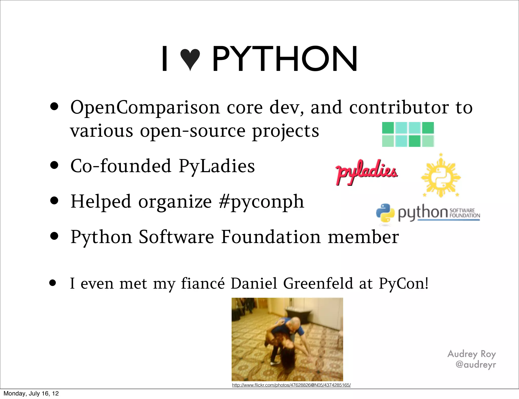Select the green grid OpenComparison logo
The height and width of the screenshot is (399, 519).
(408, 134)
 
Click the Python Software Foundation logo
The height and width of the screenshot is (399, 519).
(428, 213)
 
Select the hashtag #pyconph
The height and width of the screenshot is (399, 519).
(261, 202)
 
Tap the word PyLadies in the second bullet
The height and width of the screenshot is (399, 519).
(217, 166)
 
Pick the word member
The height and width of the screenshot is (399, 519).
(363, 237)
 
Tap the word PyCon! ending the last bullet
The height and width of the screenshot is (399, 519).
(403, 283)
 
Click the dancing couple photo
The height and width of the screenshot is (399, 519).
(287, 339)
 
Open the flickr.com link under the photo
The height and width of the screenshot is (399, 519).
(291, 385)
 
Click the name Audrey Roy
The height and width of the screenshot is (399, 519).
(471, 354)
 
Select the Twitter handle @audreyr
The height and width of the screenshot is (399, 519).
(475, 365)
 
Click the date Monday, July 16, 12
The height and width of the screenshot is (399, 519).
(31, 393)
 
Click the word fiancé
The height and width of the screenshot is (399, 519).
(203, 283)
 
